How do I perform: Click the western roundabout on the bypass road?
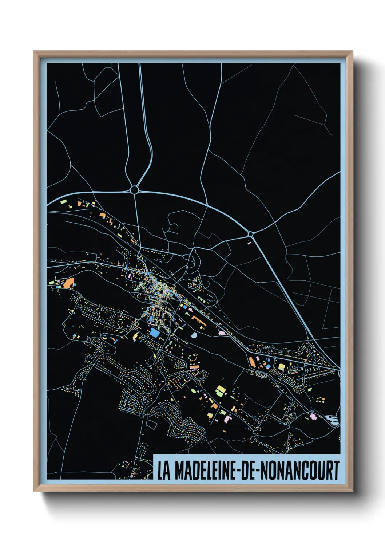click(x=134, y=190)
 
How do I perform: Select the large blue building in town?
click(x=154, y=333)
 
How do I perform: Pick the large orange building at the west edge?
click(x=69, y=283)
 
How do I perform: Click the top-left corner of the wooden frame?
click(x=34, y=51)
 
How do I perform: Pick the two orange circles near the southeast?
click(x=321, y=400)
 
